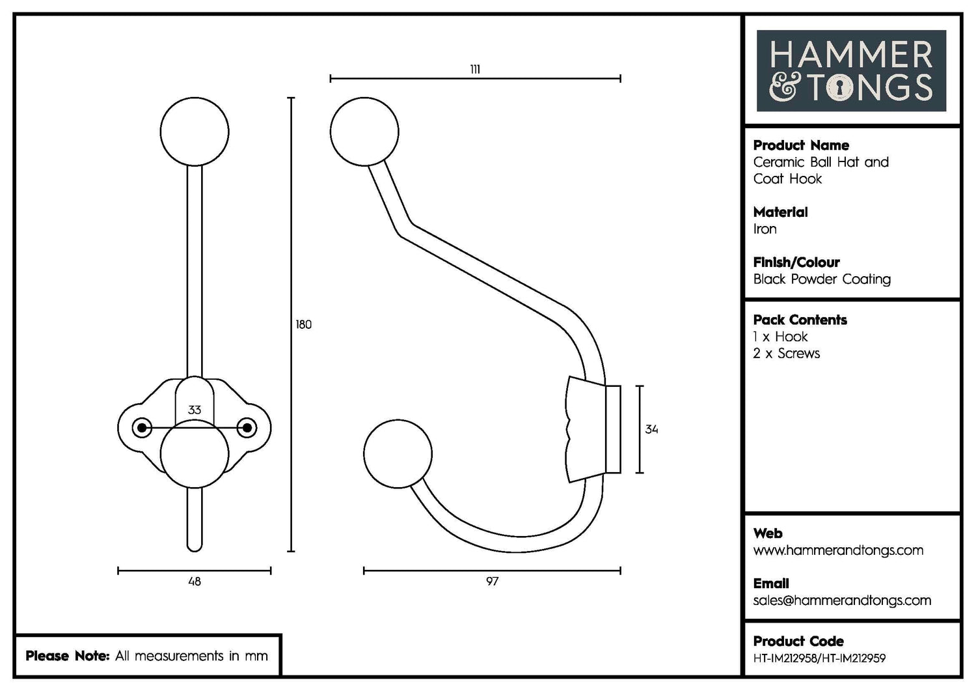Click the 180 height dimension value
pyautogui.click(x=304, y=324)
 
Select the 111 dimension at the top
pyautogui.click(x=475, y=70)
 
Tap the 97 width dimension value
pyautogui.click(x=492, y=581)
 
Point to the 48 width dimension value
pyautogui.click(x=194, y=581)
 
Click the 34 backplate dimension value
pyautogui.click(x=651, y=429)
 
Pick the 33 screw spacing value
pyautogui.click(x=194, y=410)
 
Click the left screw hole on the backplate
pyautogui.click(x=141, y=428)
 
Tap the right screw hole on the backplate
pyautogui.click(x=247, y=428)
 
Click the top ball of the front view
pyautogui.click(x=195, y=132)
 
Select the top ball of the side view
pyautogui.click(x=364, y=132)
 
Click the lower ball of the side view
pyautogui.click(x=398, y=455)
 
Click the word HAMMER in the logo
pyautogui.click(x=851, y=55)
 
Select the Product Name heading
pyautogui.click(x=801, y=145)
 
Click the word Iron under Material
pyautogui.click(x=765, y=229)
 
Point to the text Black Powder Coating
pyautogui.click(x=822, y=279)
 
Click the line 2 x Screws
pyautogui.click(x=786, y=354)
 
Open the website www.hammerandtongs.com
pyautogui.click(x=838, y=550)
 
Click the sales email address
pyautogui.click(x=842, y=600)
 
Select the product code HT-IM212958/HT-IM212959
pyautogui.click(x=819, y=658)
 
